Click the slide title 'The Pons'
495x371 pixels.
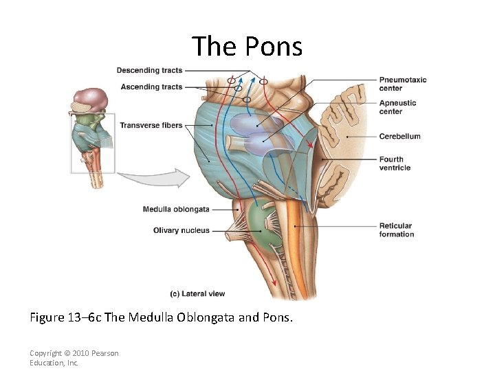coord(247,46)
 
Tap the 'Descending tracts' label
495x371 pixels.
coord(149,70)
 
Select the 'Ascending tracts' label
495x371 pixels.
coord(151,87)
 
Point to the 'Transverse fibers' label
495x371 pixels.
coord(151,125)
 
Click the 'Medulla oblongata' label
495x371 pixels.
coord(176,210)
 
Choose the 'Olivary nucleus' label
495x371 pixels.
coord(181,231)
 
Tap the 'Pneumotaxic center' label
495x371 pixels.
coord(403,84)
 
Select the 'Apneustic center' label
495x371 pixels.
coord(397,107)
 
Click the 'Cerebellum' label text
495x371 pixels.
coord(399,136)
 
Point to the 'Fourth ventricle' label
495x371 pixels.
coord(395,164)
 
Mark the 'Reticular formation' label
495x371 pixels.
coord(397,229)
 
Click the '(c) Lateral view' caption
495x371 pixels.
coord(197,294)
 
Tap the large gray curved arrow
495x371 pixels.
coord(154,180)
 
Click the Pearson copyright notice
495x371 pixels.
coord(74,358)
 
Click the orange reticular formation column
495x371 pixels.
coord(294,234)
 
